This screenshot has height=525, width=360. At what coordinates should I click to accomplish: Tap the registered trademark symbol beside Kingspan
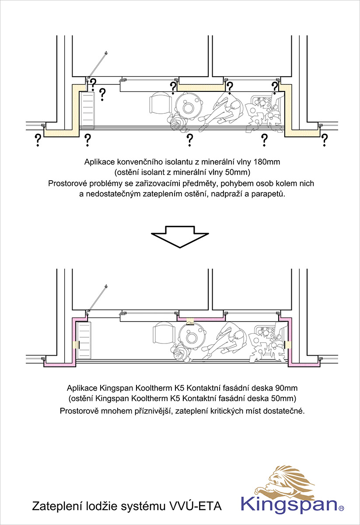point(341,508)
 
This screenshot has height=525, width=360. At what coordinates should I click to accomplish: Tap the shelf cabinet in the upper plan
point(87,110)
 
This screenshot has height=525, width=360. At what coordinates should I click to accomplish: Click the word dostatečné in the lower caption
point(284,411)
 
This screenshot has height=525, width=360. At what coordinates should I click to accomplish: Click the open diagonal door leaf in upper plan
point(97,65)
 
